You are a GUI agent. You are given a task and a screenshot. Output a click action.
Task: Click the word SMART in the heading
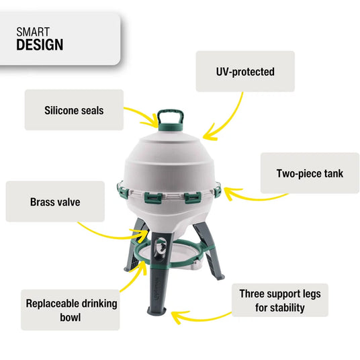coord(32,32)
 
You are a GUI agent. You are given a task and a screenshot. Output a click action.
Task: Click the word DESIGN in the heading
coord(40,45)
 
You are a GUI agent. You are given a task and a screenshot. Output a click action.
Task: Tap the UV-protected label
coord(245,71)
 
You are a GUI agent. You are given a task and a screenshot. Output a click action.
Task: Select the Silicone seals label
coord(74,109)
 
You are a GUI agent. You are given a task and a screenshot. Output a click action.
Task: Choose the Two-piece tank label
coord(310,173)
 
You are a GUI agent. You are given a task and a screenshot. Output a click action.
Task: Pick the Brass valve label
coord(55,201)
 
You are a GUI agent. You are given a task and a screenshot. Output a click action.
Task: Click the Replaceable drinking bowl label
coord(71,310)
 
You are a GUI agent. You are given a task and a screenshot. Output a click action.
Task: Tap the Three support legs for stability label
coord(280,301)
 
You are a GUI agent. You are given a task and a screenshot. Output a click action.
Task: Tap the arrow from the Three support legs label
coord(201,314)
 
